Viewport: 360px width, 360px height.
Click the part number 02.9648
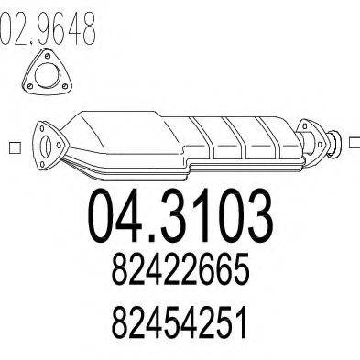point(48,28)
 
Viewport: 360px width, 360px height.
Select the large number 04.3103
point(180,215)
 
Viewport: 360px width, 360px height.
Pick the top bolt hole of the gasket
point(47,56)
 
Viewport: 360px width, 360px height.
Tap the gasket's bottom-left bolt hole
point(29,86)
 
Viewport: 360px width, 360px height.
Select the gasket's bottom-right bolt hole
point(65,86)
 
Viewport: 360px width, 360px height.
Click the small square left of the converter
point(15,147)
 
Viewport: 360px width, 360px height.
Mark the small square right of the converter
point(355,143)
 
